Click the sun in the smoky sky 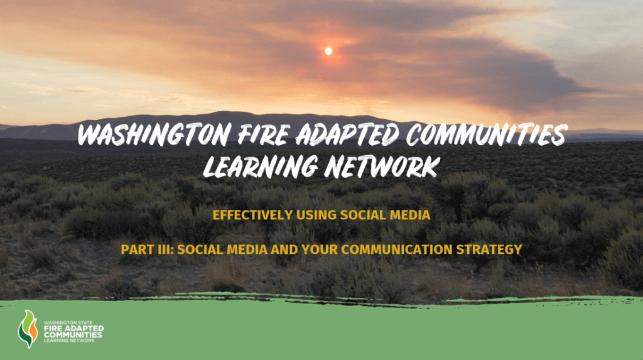coord(328,52)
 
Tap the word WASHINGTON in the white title coord(154,134)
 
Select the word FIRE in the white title coord(264,134)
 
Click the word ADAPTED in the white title coord(347,134)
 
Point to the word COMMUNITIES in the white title coord(487,134)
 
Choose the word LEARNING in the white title coord(261,166)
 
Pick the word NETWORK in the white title coord(382,166)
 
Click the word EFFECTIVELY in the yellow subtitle coord(252,215)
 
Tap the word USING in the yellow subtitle coord(316,215)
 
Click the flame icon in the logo coord(28,329)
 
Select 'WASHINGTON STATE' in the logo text coord(68,323)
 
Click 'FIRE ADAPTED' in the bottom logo coord(74,329)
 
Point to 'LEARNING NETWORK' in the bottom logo coord(69,341)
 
